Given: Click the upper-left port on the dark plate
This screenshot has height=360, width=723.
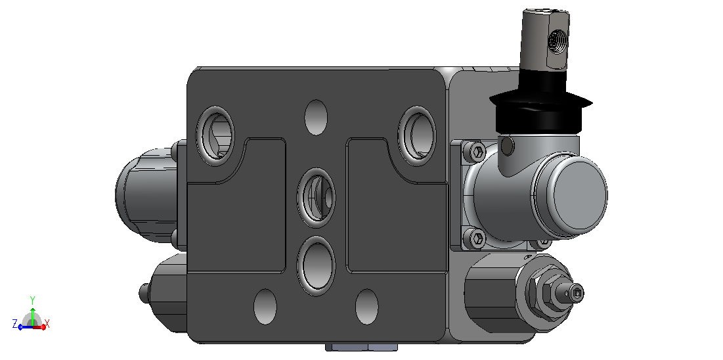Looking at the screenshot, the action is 215,136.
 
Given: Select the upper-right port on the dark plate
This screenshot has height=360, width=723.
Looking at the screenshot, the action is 417,136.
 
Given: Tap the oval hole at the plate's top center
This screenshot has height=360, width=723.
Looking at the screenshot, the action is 317,117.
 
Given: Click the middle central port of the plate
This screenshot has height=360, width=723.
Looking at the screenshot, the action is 317,198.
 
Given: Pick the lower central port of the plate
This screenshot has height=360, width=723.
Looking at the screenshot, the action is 317,266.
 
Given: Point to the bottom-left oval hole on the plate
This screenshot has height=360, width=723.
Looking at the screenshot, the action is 265,307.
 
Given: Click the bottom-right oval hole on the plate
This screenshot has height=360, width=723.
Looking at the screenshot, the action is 367,307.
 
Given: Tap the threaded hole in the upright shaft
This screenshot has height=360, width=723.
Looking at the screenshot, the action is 556,41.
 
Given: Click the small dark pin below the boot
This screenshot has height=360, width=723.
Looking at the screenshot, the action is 507,146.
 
